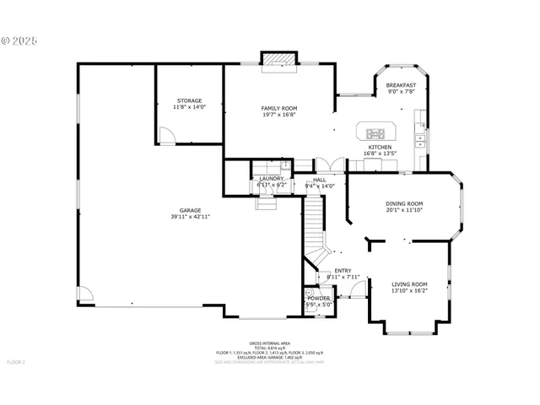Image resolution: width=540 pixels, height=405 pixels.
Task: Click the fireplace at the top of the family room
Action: tap(279, 59)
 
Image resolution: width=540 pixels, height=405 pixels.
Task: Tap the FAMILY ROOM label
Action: tap(278, 108)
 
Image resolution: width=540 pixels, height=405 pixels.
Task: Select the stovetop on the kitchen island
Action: tap(375, 132)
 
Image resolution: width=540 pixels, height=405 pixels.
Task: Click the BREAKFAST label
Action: tap(401, 85)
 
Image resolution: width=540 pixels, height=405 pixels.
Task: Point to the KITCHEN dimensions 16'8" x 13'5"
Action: tap(379, 154)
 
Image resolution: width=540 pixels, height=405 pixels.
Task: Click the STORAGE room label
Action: tap(189, 100)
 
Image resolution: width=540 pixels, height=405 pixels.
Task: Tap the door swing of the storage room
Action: tap(168, 135)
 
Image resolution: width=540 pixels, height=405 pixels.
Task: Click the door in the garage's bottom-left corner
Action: tap(85, 295)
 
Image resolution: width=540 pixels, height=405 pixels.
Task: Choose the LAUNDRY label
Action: tap(271, 178)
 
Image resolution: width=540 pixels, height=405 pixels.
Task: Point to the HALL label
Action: tap(320, 179)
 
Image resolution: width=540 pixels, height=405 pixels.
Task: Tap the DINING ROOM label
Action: tap(404, 203)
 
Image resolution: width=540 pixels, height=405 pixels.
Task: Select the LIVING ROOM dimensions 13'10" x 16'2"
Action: tap(409, 291)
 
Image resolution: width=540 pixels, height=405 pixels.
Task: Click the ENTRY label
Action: tap(343, 270)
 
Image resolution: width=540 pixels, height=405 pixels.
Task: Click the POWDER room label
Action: tap(318, 298)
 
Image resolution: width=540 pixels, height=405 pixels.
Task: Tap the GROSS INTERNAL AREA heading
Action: tap(269, 343)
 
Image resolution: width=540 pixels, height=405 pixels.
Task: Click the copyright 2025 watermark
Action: tap(20, 40)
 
